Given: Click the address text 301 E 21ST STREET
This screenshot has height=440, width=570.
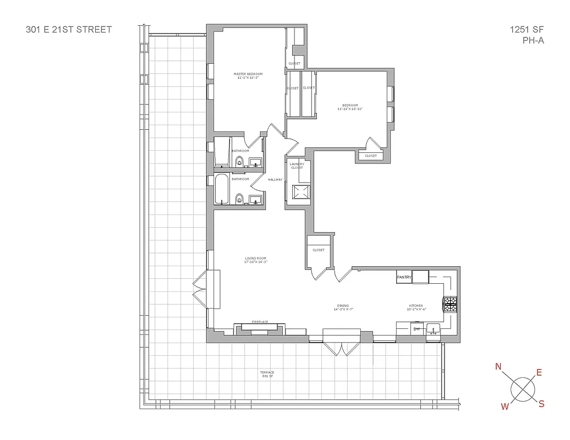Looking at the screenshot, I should click(x=69, y=29).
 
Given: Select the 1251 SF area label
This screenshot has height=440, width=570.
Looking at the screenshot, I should click(x=527, y=29).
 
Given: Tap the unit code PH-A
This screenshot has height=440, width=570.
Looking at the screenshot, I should click(x=533, y=40).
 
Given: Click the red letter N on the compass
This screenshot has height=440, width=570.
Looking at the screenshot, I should click(x=498, y=367).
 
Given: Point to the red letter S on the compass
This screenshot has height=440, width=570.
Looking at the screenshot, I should click(x=541, y=404).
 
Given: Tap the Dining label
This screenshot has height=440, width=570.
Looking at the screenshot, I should click(x=343, y=307).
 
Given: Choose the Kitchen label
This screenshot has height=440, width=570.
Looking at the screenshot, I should click(x=415, y=307).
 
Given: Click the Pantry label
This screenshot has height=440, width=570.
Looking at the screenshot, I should click(x=404, y=278).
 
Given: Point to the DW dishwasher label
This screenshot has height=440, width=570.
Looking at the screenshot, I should click(x=416, y=329).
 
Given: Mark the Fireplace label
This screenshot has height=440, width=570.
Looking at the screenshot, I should click(x=259, y=321).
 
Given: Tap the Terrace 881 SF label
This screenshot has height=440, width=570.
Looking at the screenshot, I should click(x=267, y=374).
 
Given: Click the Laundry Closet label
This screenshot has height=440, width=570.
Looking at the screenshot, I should click(x=297, y=166).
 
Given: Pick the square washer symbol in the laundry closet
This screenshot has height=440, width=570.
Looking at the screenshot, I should click(x=300, y=192).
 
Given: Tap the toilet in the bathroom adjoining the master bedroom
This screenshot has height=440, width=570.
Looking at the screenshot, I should click(x=239, y=161).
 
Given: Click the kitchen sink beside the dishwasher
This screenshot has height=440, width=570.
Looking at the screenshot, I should click(x=435, y=329).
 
